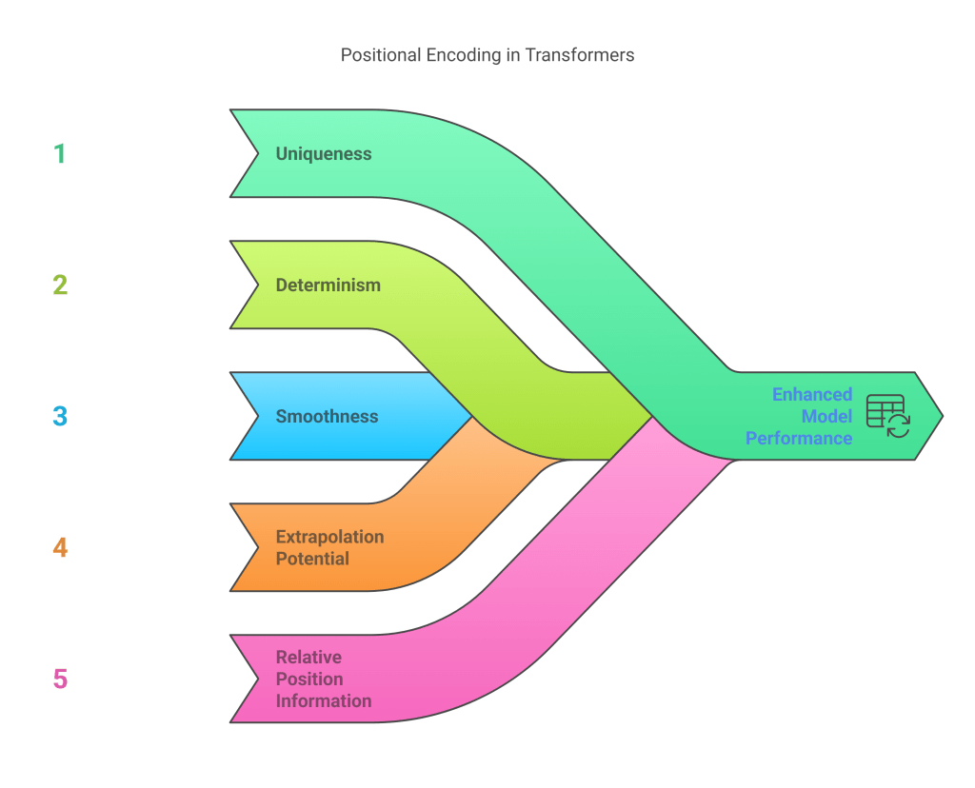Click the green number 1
(x=60, y=154)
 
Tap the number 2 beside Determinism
(x=60, y=285)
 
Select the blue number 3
(x=60, y=416)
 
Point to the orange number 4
(x=60, y=547)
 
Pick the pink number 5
(x=60, y=679)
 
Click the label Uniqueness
(x=324, y=153)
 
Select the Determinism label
(x=328, y=285)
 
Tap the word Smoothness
(x=327, y=416)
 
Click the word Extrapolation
(x=329, y=537)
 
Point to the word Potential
(x=312, y=559)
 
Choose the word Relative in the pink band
(x=308, y=657)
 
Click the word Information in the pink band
(x=324, y=701)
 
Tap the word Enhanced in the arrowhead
(x=812, y=394)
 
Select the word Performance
(x=799, y=438)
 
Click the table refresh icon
(x=887, y=416)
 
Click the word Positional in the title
(x=381, y=55)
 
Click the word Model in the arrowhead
(x=826, y=416)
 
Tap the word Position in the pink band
(x=309, y=679)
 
